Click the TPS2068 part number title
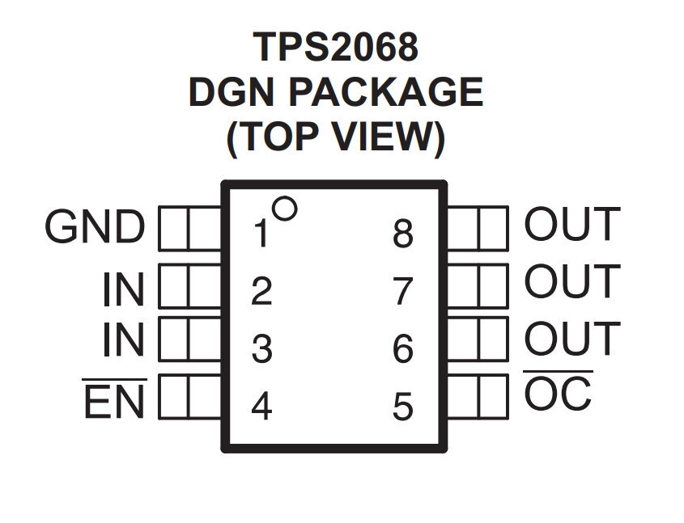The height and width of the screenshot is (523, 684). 335,47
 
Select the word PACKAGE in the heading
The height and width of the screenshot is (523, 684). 386,92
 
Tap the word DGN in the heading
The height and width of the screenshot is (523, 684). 232,92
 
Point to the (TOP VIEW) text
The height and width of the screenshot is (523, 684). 336,137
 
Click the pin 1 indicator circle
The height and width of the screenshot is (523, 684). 284,209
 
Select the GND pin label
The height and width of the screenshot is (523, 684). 94,226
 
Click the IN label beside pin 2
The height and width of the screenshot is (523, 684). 124,289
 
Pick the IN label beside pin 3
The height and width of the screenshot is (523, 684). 124,340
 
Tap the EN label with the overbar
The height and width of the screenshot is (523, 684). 114,399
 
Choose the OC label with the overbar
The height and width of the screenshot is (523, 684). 558,390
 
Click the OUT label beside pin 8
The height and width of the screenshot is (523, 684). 572,224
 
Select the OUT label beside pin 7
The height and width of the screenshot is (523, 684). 572,280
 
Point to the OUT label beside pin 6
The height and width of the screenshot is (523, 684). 572,338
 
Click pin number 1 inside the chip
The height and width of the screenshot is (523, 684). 261,234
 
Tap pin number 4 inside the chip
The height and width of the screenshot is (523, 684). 261,407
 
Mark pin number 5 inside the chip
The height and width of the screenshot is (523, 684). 402,407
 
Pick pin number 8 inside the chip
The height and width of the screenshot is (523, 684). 402,234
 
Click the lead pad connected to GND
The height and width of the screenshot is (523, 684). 190,228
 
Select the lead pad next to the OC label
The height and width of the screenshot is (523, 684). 478,397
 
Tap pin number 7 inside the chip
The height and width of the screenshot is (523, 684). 403,291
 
